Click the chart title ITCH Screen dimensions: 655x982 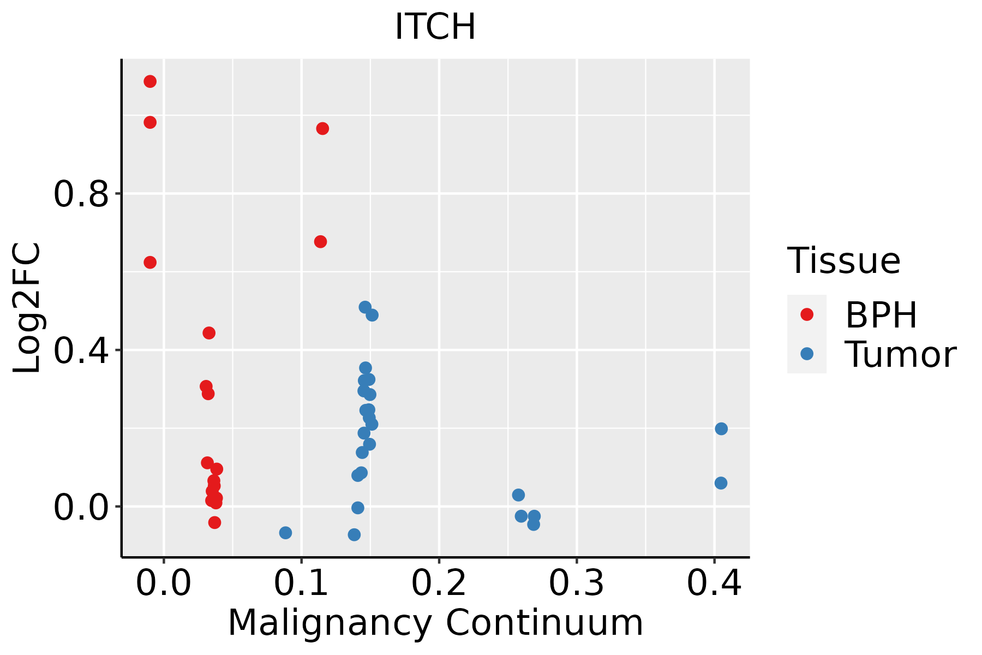click(435, 26)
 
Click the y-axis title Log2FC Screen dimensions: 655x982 click(27, 308)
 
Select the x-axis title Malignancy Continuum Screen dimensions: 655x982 click(435, 623)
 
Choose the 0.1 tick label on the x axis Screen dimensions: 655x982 click(301, 583)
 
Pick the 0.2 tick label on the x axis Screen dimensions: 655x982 click(439, 583)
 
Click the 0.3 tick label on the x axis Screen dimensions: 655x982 click(576, 583)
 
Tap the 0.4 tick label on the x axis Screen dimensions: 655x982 click(714, 583)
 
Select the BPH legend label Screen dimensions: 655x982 click(881, 315)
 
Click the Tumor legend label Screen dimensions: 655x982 click(900, 354)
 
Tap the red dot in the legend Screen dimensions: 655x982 click(806, 314)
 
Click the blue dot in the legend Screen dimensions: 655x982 click(806, 354)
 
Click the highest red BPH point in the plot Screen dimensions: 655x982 click(150, 82)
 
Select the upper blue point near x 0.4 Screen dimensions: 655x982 click(721, 429)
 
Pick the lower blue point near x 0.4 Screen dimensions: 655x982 click(721, 483)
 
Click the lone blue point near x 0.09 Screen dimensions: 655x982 click(285, 533)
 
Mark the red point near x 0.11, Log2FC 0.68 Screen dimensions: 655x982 click(321, 242)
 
